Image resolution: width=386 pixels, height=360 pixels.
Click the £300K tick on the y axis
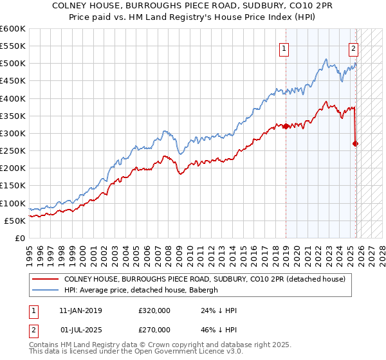[x=13, y=133]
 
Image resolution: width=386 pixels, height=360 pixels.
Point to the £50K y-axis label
[x=15, y=221]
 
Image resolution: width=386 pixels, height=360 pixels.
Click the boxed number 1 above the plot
[x=284, y=47]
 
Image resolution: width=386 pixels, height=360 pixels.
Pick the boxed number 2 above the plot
[x=353, y=47]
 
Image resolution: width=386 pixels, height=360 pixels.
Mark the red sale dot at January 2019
[x=285, y=126]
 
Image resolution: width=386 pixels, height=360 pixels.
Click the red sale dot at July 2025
[x=356, y=143]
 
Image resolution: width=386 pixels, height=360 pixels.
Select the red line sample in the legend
[x=45, y=279]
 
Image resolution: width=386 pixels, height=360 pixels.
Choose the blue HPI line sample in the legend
[x=45, y=290]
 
